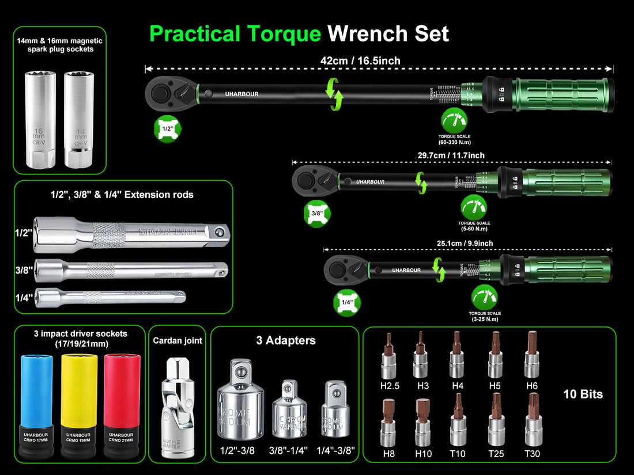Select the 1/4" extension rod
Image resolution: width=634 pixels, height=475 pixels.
pos(110,297)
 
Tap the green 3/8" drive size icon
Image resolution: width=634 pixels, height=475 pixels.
pos(317,212)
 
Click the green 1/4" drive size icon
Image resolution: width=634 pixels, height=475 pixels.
pos(346,302)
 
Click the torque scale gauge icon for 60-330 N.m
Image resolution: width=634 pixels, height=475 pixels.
pos(455,121)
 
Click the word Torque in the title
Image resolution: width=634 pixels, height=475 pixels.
pos(282,33)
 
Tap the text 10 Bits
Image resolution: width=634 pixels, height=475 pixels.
pos(583,394)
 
